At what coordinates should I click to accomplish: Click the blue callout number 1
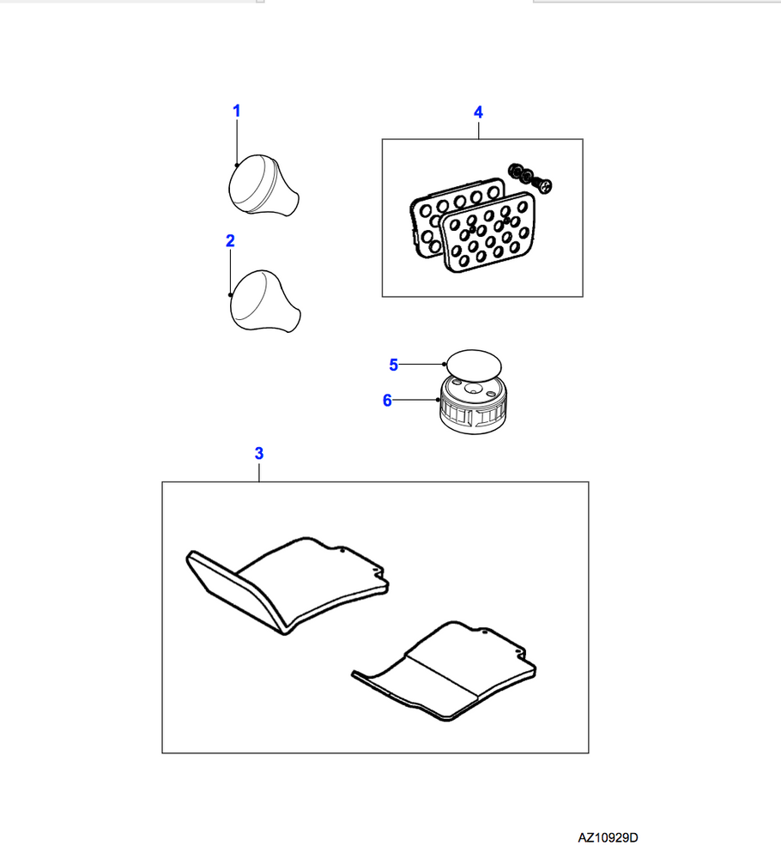click(x=236, y=111)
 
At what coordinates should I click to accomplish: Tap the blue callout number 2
click(x=230, y=241)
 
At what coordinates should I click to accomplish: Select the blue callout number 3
click(x=259, y=453)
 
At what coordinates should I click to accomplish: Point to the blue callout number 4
click(x=478, y=112)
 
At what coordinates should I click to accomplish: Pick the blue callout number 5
click(x=394, y=365)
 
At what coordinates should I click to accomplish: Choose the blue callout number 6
click(x=387, y=401)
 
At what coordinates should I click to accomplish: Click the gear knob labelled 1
click(x=263, y=184)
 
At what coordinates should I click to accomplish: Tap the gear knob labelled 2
click(x=265, y=300)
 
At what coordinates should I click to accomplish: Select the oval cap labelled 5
click(x=474, y=363)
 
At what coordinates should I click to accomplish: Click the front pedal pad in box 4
click(x=488, y=233)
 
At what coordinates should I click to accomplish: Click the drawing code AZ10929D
click(x=608, y=837)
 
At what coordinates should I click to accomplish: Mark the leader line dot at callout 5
click(x=444, y=364)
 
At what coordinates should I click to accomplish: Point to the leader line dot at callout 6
click(x=439, y=400)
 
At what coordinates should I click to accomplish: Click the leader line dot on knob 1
click(x=236, y=165)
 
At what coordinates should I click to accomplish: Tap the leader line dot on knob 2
click(x=230, y=295)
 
